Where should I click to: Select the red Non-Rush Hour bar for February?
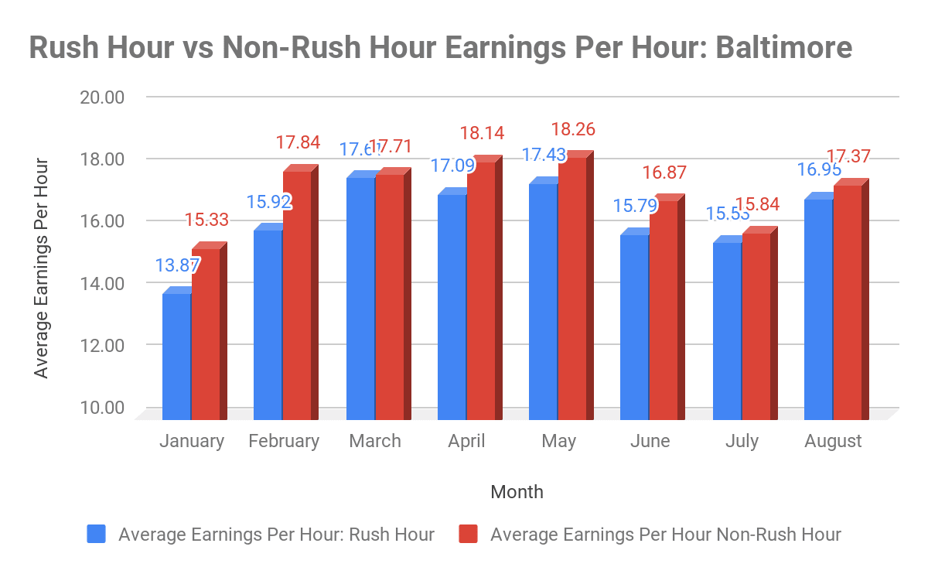(297, 294)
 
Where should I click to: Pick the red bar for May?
(572, 286)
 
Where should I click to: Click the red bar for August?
(847, 302)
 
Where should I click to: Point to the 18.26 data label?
(573, 129)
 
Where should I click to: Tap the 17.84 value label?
(298, 143)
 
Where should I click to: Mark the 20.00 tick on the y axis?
(102, 97)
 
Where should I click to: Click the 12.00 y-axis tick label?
(102, 345)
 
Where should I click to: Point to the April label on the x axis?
(466, 441)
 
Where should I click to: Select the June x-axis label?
(650, 441)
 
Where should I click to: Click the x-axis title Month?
(517, 491)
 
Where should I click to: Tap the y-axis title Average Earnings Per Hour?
(42, 268)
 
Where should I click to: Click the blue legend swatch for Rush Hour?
(97, 534)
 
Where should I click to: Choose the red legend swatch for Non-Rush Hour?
(469, 534)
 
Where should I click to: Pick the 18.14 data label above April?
(481, 133)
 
